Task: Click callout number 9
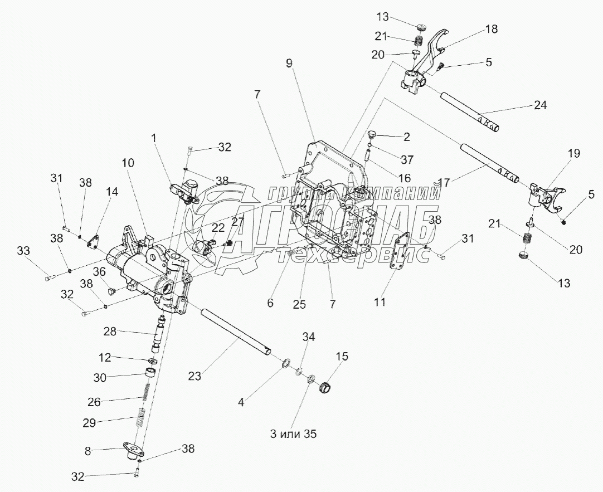[289, 63]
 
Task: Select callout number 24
[540, 104]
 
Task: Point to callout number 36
[99, 272]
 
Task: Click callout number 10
[128, 163]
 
